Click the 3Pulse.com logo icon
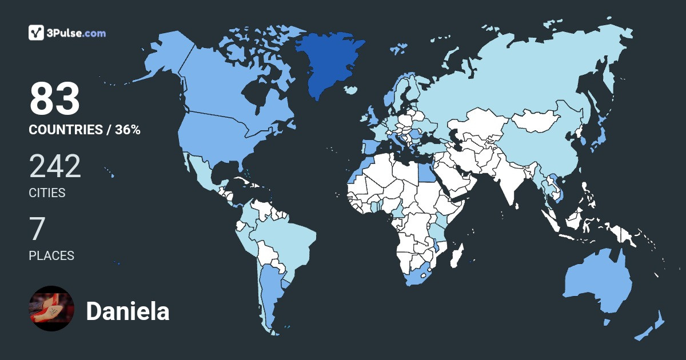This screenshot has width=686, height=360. click(x=36, y=33)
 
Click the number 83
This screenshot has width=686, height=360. click(x=55, y=99)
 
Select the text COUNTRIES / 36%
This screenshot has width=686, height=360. click(x=85, y=130)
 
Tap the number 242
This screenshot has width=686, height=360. click(x=55, y=166)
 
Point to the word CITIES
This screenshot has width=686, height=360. click(x=47, y=193)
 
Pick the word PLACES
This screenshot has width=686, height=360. click(x=51, y=255)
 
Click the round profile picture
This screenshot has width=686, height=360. click(x=51, y=309)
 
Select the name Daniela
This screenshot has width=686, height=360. click(x=127, y=311)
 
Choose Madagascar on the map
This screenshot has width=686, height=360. click(x=456, y=255)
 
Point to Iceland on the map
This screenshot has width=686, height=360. click(x=351, y=90)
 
